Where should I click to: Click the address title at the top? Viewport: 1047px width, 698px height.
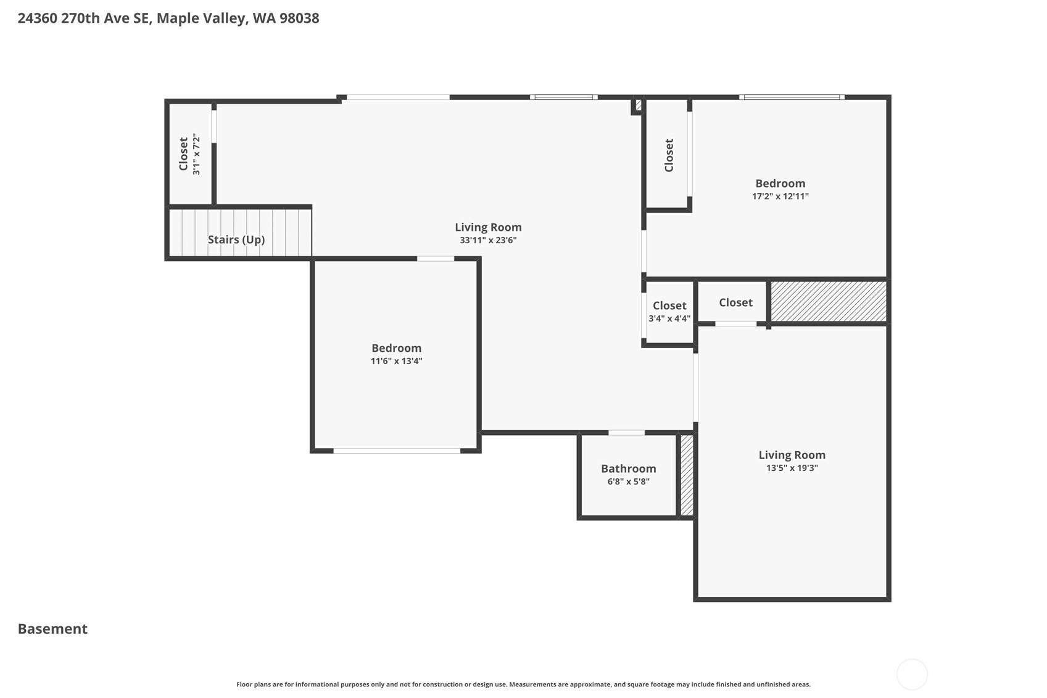point(168,18)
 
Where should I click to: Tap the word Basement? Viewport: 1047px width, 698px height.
point(52,629)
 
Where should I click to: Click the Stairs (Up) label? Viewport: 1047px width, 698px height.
point(236,239)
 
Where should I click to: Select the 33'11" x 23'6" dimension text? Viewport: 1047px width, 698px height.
point(487,240)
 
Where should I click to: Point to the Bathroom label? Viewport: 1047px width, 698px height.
point(628,468)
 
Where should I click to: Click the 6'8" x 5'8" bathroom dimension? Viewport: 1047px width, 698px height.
point(628,481)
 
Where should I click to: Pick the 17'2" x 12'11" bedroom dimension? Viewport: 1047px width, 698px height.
point(780,196)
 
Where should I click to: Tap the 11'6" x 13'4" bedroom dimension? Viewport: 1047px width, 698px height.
point(396,361)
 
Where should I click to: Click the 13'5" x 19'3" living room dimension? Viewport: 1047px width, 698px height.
point(792,468)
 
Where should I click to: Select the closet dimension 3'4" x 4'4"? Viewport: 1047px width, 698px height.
point(669,318)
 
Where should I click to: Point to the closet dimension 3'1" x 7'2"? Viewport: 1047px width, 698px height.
point(196,154)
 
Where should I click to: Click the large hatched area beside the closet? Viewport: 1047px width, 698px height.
point(829,301)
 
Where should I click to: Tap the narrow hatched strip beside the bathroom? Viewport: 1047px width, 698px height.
point(687,475)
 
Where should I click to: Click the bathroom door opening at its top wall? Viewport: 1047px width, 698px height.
point(626,433)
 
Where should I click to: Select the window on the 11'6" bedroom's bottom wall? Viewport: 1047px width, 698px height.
point(396,451)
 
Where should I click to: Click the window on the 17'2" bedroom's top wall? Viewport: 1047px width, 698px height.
point(792,97)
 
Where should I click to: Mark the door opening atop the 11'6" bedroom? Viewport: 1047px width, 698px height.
point(436,259)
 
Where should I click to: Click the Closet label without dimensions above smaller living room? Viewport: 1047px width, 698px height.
point(735,302)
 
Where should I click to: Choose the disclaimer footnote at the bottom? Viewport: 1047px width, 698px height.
point(523,684)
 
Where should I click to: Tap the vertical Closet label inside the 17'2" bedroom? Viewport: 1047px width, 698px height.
point(669,155)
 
